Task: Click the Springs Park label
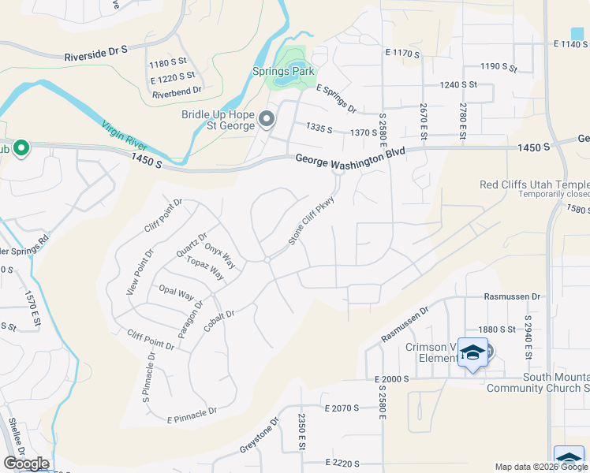[283, 72]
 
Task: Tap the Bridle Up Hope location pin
[267, 120]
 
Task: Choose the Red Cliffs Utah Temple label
[534, 185]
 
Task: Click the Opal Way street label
[176, 292]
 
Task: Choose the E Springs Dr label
[336, 99]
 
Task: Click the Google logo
[26, 464]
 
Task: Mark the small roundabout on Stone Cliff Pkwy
[267, 259]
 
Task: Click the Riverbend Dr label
[173, 93]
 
